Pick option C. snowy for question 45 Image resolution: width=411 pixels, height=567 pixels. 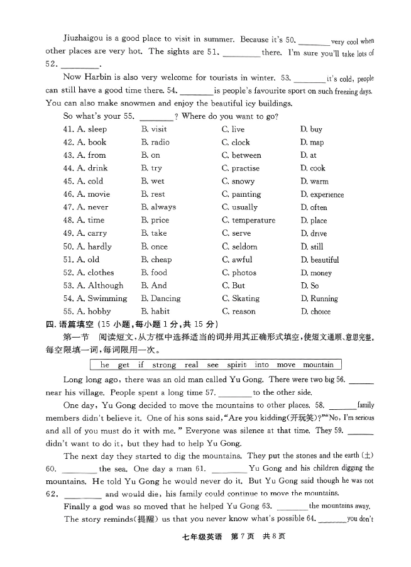pos(238,181)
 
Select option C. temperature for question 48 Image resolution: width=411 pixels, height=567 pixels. pos(248,220)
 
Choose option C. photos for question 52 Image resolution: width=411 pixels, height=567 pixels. pos(239,273)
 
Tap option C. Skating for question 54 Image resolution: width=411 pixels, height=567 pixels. pos(240,299)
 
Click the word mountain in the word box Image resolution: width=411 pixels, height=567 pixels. pos(319,365)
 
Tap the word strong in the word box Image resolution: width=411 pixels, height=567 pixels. pos(164,365)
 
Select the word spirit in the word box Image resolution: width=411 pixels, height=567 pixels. pos(236,365)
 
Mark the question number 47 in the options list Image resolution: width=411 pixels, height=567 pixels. pos(68,207)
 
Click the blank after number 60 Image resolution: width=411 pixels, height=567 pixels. pos(80,469)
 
